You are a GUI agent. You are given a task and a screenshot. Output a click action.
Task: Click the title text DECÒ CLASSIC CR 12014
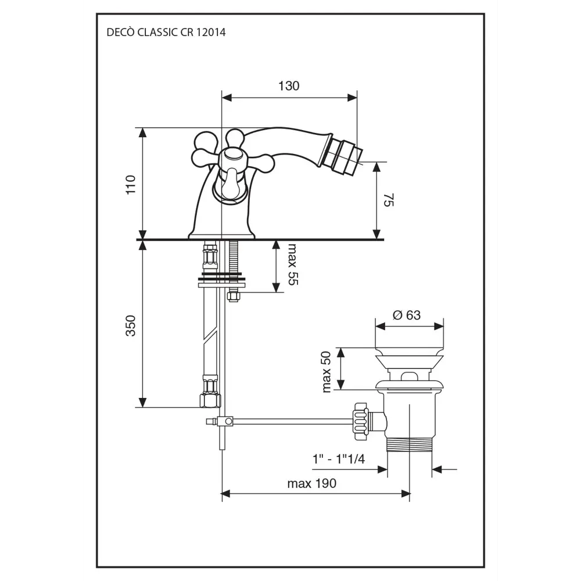coord(166,32)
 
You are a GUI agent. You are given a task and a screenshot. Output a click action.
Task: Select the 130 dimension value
coord(289,86)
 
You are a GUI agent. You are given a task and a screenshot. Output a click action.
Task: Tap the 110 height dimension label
coord(131,185)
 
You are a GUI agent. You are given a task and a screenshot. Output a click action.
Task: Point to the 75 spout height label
coord(388,199)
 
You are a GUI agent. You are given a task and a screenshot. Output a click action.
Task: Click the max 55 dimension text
coord(293,264)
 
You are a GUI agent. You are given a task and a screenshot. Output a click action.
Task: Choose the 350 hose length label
coord(131,325)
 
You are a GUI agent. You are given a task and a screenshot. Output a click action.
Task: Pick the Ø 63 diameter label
coord(407,315)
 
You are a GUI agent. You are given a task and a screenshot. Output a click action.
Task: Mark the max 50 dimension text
coord(326,372)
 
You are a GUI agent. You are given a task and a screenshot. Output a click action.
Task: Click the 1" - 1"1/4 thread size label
coord(339,459)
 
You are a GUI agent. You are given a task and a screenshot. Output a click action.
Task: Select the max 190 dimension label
coord(311,483)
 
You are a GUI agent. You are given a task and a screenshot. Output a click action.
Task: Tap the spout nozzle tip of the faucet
coord(348,157)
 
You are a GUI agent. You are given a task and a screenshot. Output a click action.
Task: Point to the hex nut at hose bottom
coord(210,400)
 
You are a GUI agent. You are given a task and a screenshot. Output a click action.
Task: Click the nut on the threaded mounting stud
coord(233,296)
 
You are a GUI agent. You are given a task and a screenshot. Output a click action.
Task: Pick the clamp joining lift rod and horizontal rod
coord(225,421)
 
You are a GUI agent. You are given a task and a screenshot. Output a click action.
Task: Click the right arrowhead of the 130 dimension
coord(352,98)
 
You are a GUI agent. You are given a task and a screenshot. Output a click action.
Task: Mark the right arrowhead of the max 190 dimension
coord(406,494)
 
